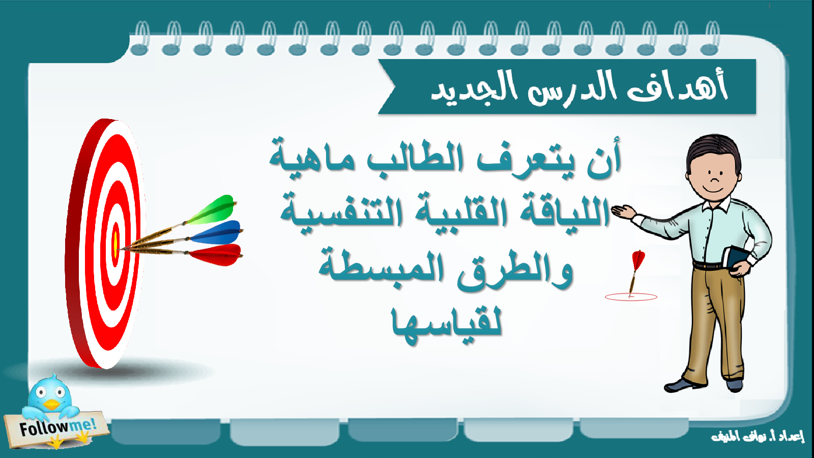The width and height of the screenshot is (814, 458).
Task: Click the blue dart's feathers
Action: (x=216, y=233)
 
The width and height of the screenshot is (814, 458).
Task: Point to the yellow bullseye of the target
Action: (x=115, y=245)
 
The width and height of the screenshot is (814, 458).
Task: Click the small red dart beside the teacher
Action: (x=635, y=273)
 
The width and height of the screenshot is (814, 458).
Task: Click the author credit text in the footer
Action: (x=758, y=436)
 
